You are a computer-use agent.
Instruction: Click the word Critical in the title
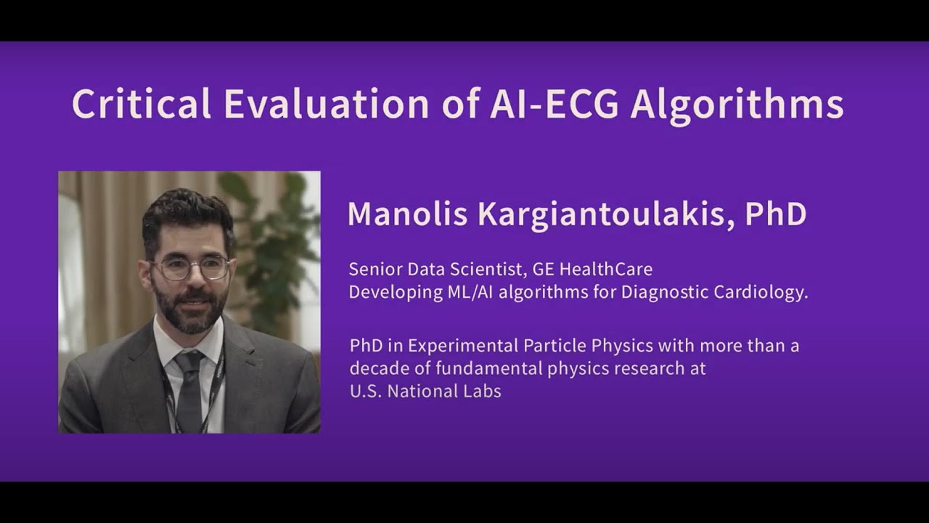pyautogui.click(x=141, y=105)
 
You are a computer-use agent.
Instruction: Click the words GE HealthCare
pyautogui.click(x=592, y=269)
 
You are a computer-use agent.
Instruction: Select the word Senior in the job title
pyautogui.click(x=372, y=269)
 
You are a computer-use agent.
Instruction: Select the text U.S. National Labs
pyautogui.click(x=425, y=391)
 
